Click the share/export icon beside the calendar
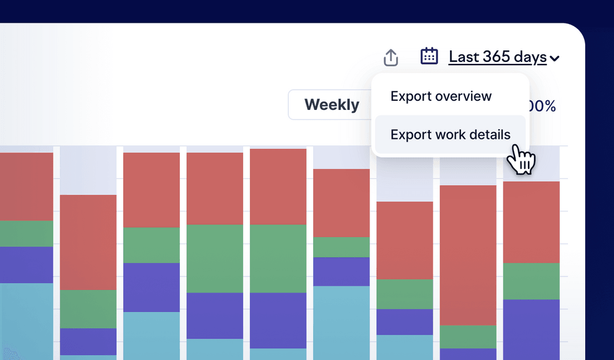[x=391, y=57]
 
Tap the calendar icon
[x=429, y=56]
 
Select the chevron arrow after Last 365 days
[x=554, y=59]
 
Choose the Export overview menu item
[x=441, y=96]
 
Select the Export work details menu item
[x=450, y=134]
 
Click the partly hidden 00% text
[x=543, y=106]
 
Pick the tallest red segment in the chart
[x=468, y=255]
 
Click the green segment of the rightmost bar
[x=531, y=281]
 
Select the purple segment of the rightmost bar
[x=531, y=329]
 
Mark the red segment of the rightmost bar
[x=531, y=222]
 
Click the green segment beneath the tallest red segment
[x=468, y=337]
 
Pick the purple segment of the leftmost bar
[x=26, y=265]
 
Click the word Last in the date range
[x=463, y=57]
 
